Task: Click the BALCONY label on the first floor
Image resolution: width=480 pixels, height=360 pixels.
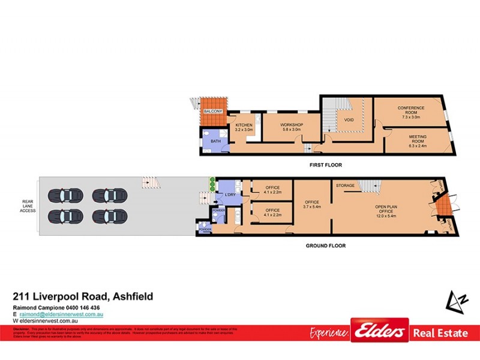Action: coord(213,112)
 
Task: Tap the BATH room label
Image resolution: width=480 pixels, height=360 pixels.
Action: coord(216,142)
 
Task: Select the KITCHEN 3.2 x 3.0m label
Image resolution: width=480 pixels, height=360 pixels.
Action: coord(244,127)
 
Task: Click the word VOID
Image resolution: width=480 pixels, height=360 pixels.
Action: coord(349,119)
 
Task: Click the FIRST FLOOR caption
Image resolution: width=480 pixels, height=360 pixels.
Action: coord(325,164)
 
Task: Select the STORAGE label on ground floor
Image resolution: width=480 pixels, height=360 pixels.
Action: coord(345,186)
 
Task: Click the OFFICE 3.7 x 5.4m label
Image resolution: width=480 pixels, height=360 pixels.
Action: coord(311,204)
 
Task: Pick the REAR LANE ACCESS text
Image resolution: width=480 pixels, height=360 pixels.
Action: coord(28,206)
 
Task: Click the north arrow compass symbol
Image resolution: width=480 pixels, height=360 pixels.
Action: coord(455,299)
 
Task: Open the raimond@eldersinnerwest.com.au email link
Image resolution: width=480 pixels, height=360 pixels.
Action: coord(62,314)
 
